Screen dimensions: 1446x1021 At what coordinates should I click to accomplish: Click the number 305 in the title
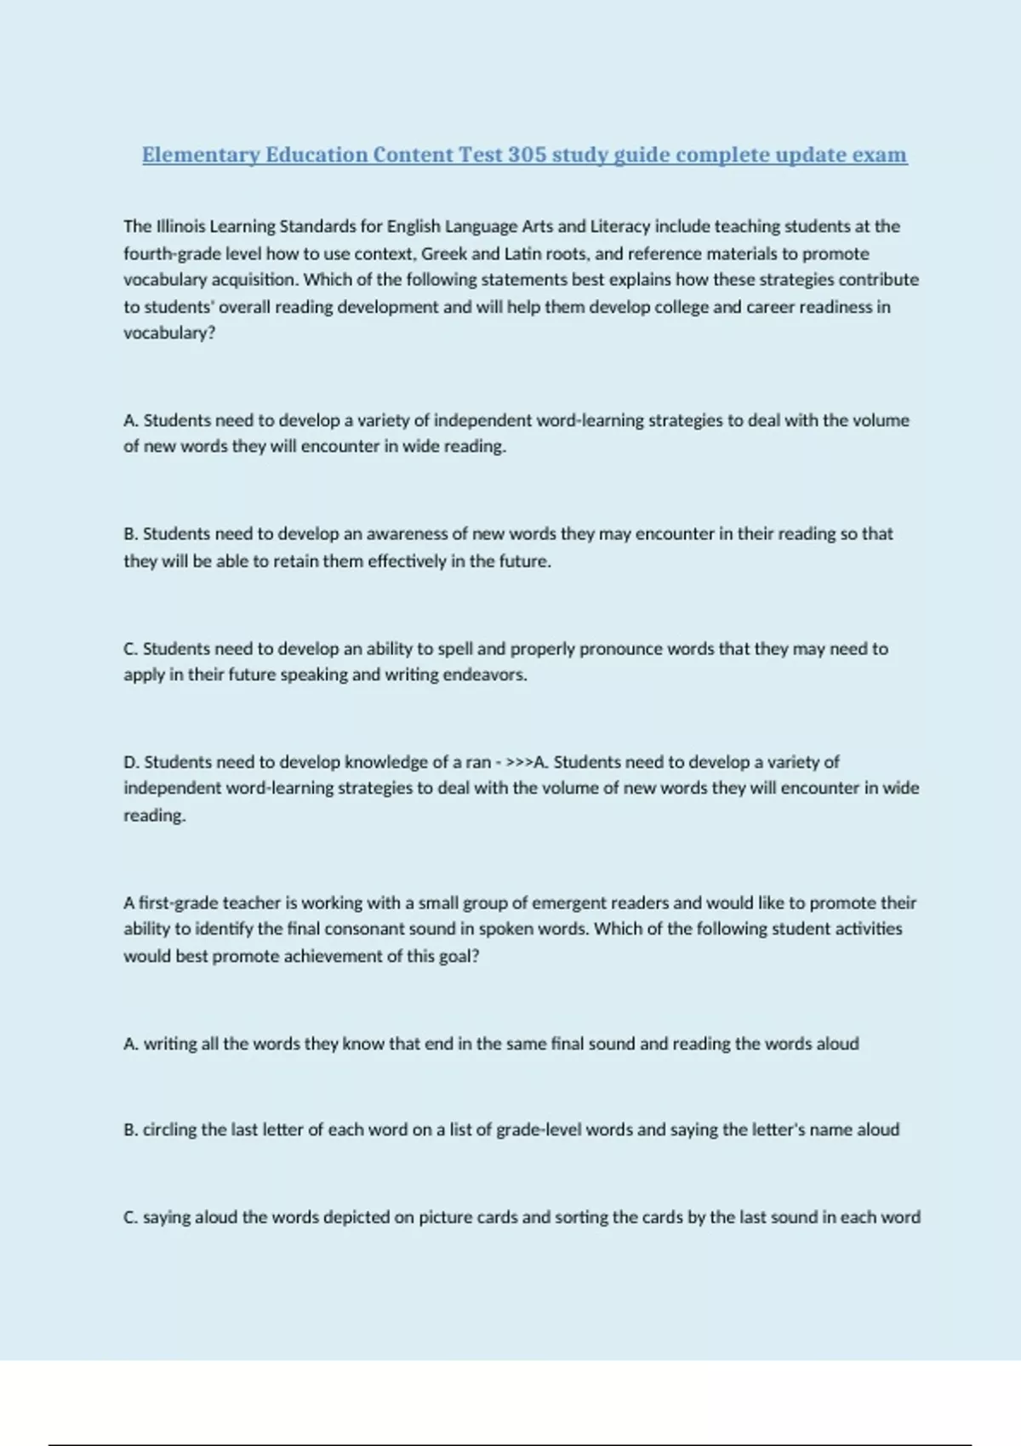pyautogui.click(x=528, y=155)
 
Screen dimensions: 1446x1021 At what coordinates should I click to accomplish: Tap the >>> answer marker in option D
pyautogui.click(x=519, y=762)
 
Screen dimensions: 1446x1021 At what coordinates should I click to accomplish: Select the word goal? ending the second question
pyautogui.click(x=459, y=956)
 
